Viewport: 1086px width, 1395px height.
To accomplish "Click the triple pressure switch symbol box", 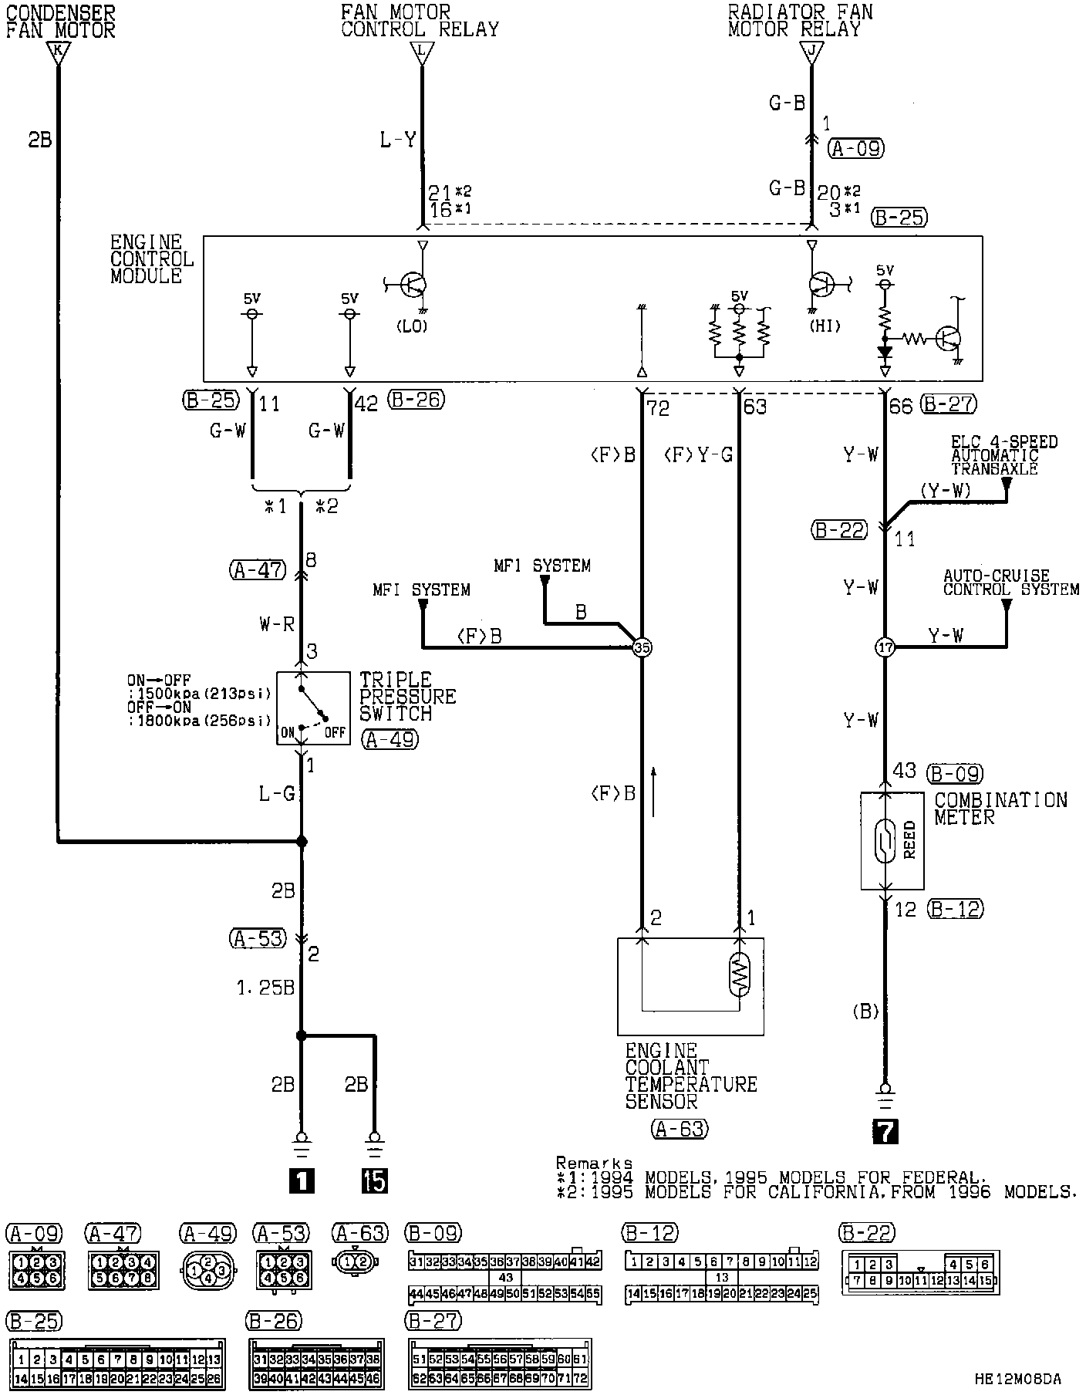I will (x=312, y=707).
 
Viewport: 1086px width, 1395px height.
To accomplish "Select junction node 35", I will (x=641, y=647).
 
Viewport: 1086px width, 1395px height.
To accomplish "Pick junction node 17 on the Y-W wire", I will (x=885, y=647).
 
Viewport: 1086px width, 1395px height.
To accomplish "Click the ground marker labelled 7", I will (x=885, y=1130).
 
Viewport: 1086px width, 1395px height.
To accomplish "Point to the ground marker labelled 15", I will (x=375, y=1181).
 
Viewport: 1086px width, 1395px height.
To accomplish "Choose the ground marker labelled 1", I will (x=301, y=1181).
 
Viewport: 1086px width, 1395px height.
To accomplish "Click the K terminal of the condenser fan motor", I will (x=58, y=53).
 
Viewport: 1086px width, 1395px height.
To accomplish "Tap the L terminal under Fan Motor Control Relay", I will (x=421, y=53).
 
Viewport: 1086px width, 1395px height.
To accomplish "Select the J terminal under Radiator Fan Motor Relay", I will (x=811, y=53).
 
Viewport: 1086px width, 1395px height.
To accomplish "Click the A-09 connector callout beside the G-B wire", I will (x=856, y=148).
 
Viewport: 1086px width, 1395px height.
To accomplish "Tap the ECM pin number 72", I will (x=658, y=407).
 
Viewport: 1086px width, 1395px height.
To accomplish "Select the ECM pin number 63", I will (x=755, y=407).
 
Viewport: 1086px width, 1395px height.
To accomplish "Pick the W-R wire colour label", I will (x=277, y=624).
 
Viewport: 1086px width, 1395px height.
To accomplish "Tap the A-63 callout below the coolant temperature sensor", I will (x=679, y=1130).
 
